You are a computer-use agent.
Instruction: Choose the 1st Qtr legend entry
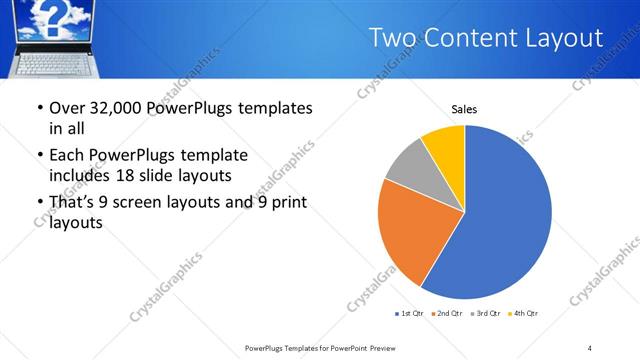tap(410, 314)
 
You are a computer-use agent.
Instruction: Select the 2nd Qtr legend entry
tap(446, 314)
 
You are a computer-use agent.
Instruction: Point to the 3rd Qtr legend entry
tap(483, 314)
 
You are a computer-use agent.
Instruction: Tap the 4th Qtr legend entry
tap(522, 314)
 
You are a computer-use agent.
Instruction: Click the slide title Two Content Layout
tap(485, 38)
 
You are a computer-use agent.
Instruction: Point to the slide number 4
tap(590, 348)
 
